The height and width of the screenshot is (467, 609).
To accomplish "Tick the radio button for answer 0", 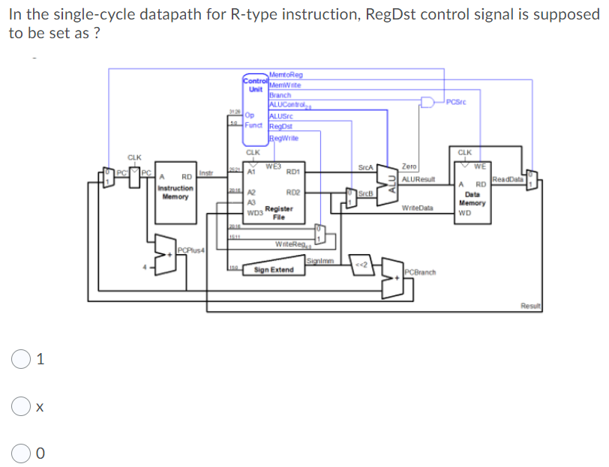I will (19, 452).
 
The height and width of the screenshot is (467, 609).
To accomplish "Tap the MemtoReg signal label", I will (285, 74).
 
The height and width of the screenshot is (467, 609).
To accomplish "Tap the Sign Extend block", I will (274, 269).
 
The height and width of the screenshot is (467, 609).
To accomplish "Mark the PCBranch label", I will (420, 271).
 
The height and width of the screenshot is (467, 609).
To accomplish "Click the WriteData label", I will (417, 207).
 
